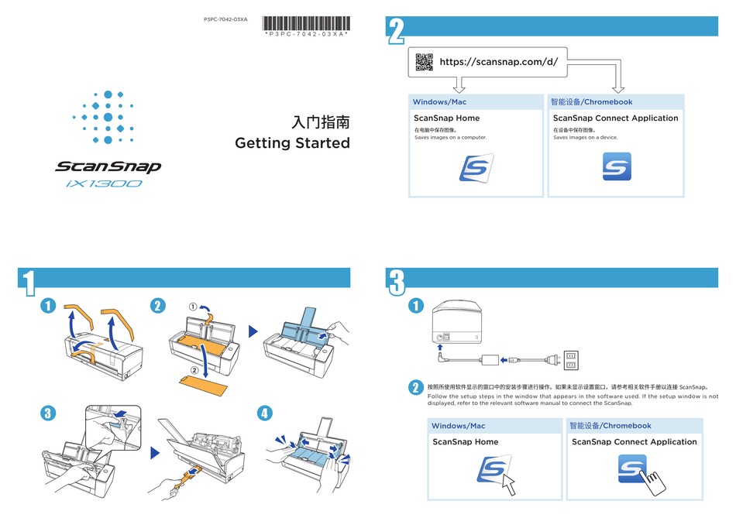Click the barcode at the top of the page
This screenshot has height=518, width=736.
point(306,22)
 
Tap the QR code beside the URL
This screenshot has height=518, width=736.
point(424,61)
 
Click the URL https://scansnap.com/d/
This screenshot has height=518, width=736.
point(498,61)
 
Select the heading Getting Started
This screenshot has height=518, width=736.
point(292,143)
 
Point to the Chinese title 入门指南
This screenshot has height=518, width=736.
point(321,122)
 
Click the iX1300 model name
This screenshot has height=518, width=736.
point(104,184)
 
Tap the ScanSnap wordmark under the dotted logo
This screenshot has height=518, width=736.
point(108,166)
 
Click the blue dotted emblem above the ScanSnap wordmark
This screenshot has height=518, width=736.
point(108,117)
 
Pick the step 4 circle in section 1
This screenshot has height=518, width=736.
point(266,413)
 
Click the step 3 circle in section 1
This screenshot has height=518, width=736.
point(48,413)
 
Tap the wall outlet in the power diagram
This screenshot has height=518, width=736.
point(571,360)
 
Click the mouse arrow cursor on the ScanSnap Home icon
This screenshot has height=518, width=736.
point(507,484)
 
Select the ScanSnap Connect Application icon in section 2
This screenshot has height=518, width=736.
point(617,166)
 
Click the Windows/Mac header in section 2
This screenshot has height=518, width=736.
point(439,102)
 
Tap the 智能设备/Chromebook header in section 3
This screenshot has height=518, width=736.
point(610,425)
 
